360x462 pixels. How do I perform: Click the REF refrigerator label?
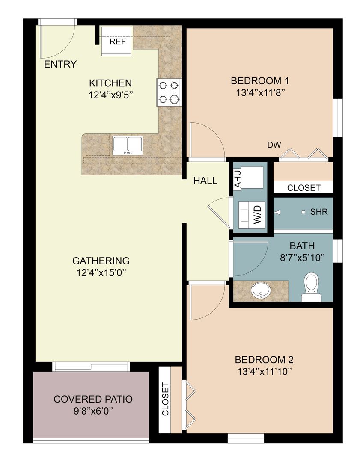117,42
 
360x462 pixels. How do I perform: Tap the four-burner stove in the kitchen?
169,92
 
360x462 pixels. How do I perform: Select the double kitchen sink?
128,145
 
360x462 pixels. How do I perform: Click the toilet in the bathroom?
311,286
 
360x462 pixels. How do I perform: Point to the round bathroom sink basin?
260,290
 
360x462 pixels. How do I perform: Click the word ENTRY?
61,65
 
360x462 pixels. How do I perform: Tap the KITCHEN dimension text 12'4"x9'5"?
111,95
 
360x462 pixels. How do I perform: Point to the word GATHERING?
101,260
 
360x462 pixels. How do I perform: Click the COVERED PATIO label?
93,399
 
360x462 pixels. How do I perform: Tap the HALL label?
205,181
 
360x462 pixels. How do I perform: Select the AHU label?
238,178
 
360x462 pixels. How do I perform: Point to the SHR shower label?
319,212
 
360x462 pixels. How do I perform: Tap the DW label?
274,145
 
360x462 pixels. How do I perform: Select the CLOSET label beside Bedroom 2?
165,399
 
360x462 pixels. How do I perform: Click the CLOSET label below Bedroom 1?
303,187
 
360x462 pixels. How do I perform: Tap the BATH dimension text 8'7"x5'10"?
302,258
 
